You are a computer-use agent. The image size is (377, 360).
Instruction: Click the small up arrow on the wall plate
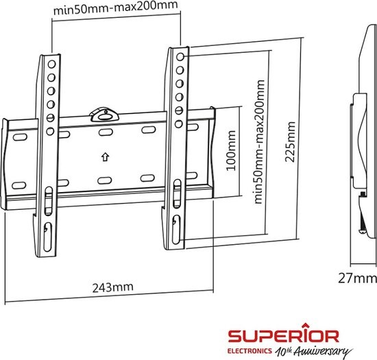104,156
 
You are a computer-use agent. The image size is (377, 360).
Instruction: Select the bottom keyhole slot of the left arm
48,228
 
